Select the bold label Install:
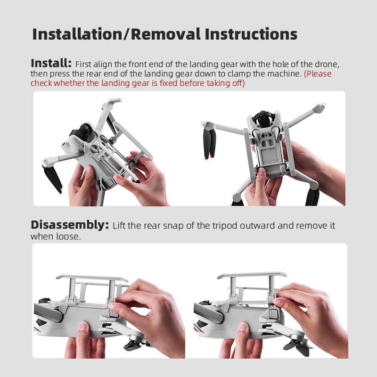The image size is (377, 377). tap(51, 63)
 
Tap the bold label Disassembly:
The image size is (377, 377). tap(69, 225)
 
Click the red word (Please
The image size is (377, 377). tap(318, 74)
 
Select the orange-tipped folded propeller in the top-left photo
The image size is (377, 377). tap(54, 178)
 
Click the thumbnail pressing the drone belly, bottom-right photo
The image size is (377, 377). tap(242, 326)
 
